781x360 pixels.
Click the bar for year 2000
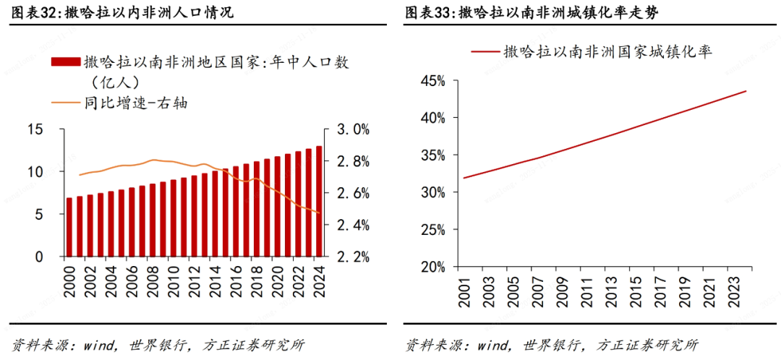coord(69,227)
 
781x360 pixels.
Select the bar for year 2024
coord(319,202)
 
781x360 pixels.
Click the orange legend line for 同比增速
coord(65,103)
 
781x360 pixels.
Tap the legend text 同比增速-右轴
coord(135,103)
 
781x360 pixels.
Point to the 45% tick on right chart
coord(432,80)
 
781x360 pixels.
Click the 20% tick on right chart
coord(432,267)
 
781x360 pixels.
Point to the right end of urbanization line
coord(746,91)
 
